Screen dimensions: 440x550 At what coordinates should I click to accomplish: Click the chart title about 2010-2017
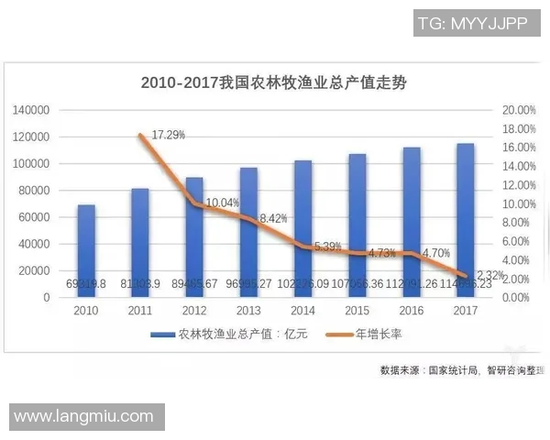273,82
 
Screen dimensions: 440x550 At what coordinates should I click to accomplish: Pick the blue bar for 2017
466,220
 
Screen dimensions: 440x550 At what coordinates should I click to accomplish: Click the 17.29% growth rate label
169,135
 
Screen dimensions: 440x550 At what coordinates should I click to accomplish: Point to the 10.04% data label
223,203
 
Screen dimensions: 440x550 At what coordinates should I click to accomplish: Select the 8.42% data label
274,218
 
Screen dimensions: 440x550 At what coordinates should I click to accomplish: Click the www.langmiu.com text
83,416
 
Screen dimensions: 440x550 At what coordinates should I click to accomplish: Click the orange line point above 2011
140,136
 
